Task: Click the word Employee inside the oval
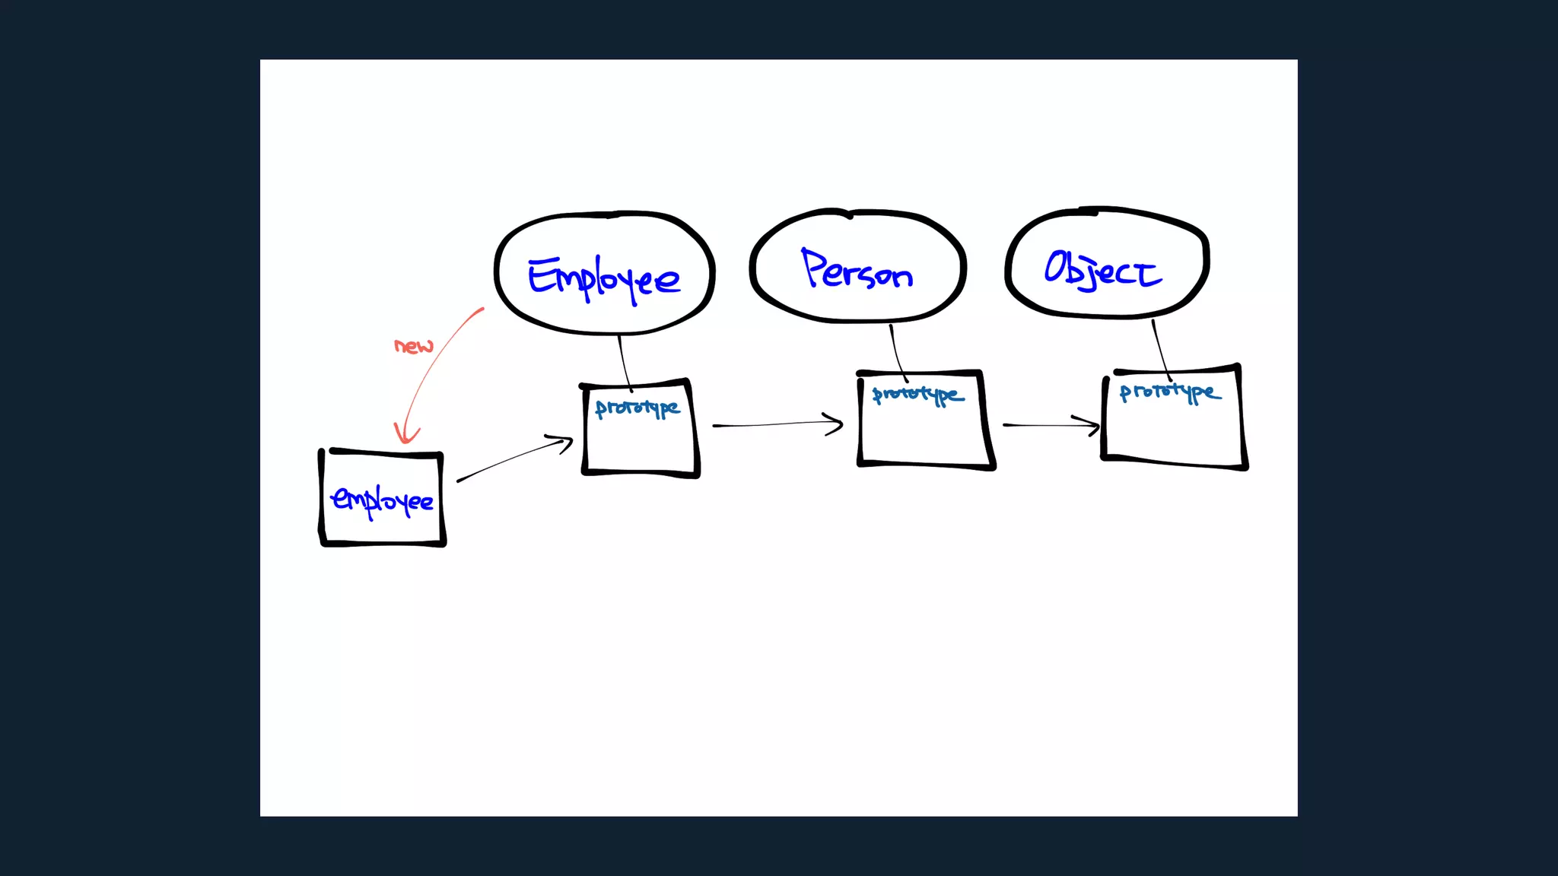604,278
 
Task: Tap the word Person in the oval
857,270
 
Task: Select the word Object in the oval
1102,269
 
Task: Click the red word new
413,346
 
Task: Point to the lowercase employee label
382,500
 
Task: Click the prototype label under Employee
638,408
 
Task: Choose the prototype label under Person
917,395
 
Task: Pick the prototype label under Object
1170,392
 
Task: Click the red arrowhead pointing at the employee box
406,435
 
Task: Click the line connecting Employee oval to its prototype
624,361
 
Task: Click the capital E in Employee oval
543,276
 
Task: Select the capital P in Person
813,267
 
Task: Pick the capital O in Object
1057,266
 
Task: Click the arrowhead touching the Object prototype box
1092,425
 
